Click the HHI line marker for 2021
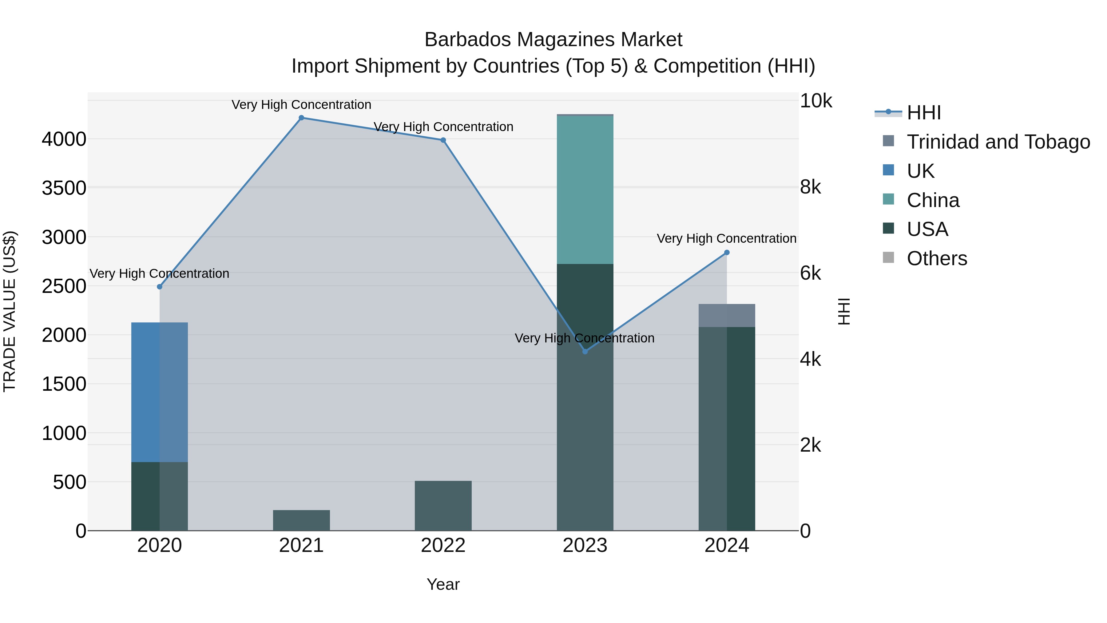click(301, 118)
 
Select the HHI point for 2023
click(585, 352)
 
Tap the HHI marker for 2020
click(159, 287)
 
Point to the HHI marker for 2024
click(727, 253)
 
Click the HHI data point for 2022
click(443, 140)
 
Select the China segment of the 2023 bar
click(585, 190)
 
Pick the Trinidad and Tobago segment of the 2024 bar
click(727, 316)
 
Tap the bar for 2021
click(301, 520)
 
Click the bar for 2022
click(443, 505)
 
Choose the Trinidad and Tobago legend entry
click(998, 142)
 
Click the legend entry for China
click(933, 200)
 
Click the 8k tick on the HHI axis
click(811, 187)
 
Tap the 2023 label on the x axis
click(585, 545)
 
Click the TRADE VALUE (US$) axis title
click(10, 311)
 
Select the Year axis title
click(443, 584)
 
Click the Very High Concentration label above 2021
click(301, 105)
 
